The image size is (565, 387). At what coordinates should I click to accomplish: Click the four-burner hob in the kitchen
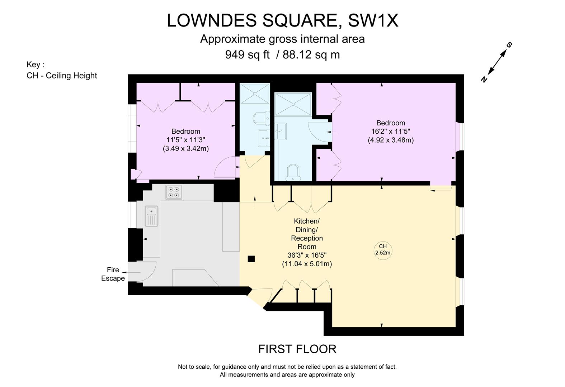[x=174, y=192]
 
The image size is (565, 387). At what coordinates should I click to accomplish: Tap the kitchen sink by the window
[x=151, y=216]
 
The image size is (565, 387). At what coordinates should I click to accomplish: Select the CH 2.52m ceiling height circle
[x=382, y=249]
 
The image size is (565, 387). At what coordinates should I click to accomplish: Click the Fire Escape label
[x=113, y=274]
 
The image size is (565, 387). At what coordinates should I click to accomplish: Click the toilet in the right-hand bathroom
[x=293, y=173]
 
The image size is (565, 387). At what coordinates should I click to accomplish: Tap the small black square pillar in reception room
[x=251, y=259]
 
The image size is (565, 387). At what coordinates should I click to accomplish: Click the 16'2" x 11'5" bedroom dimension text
[x=391, y=132]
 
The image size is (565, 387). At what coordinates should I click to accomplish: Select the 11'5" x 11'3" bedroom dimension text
[x=185, y=140]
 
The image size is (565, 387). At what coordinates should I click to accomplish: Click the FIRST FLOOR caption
[x=297, y=349]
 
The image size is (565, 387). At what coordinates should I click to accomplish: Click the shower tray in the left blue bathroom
[x=254, y=94]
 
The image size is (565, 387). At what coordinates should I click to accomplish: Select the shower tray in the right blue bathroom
[x=293, y=104]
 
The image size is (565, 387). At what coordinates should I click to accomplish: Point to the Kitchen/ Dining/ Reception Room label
[x=307, y=234]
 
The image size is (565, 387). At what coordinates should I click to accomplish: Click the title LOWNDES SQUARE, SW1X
[x=282, y=20]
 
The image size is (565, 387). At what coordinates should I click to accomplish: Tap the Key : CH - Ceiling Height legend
[x=62, y=71]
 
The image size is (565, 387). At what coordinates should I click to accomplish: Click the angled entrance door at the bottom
[x=260, y=297]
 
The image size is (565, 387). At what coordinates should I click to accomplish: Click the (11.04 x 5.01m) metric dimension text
[x=307, y=264]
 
